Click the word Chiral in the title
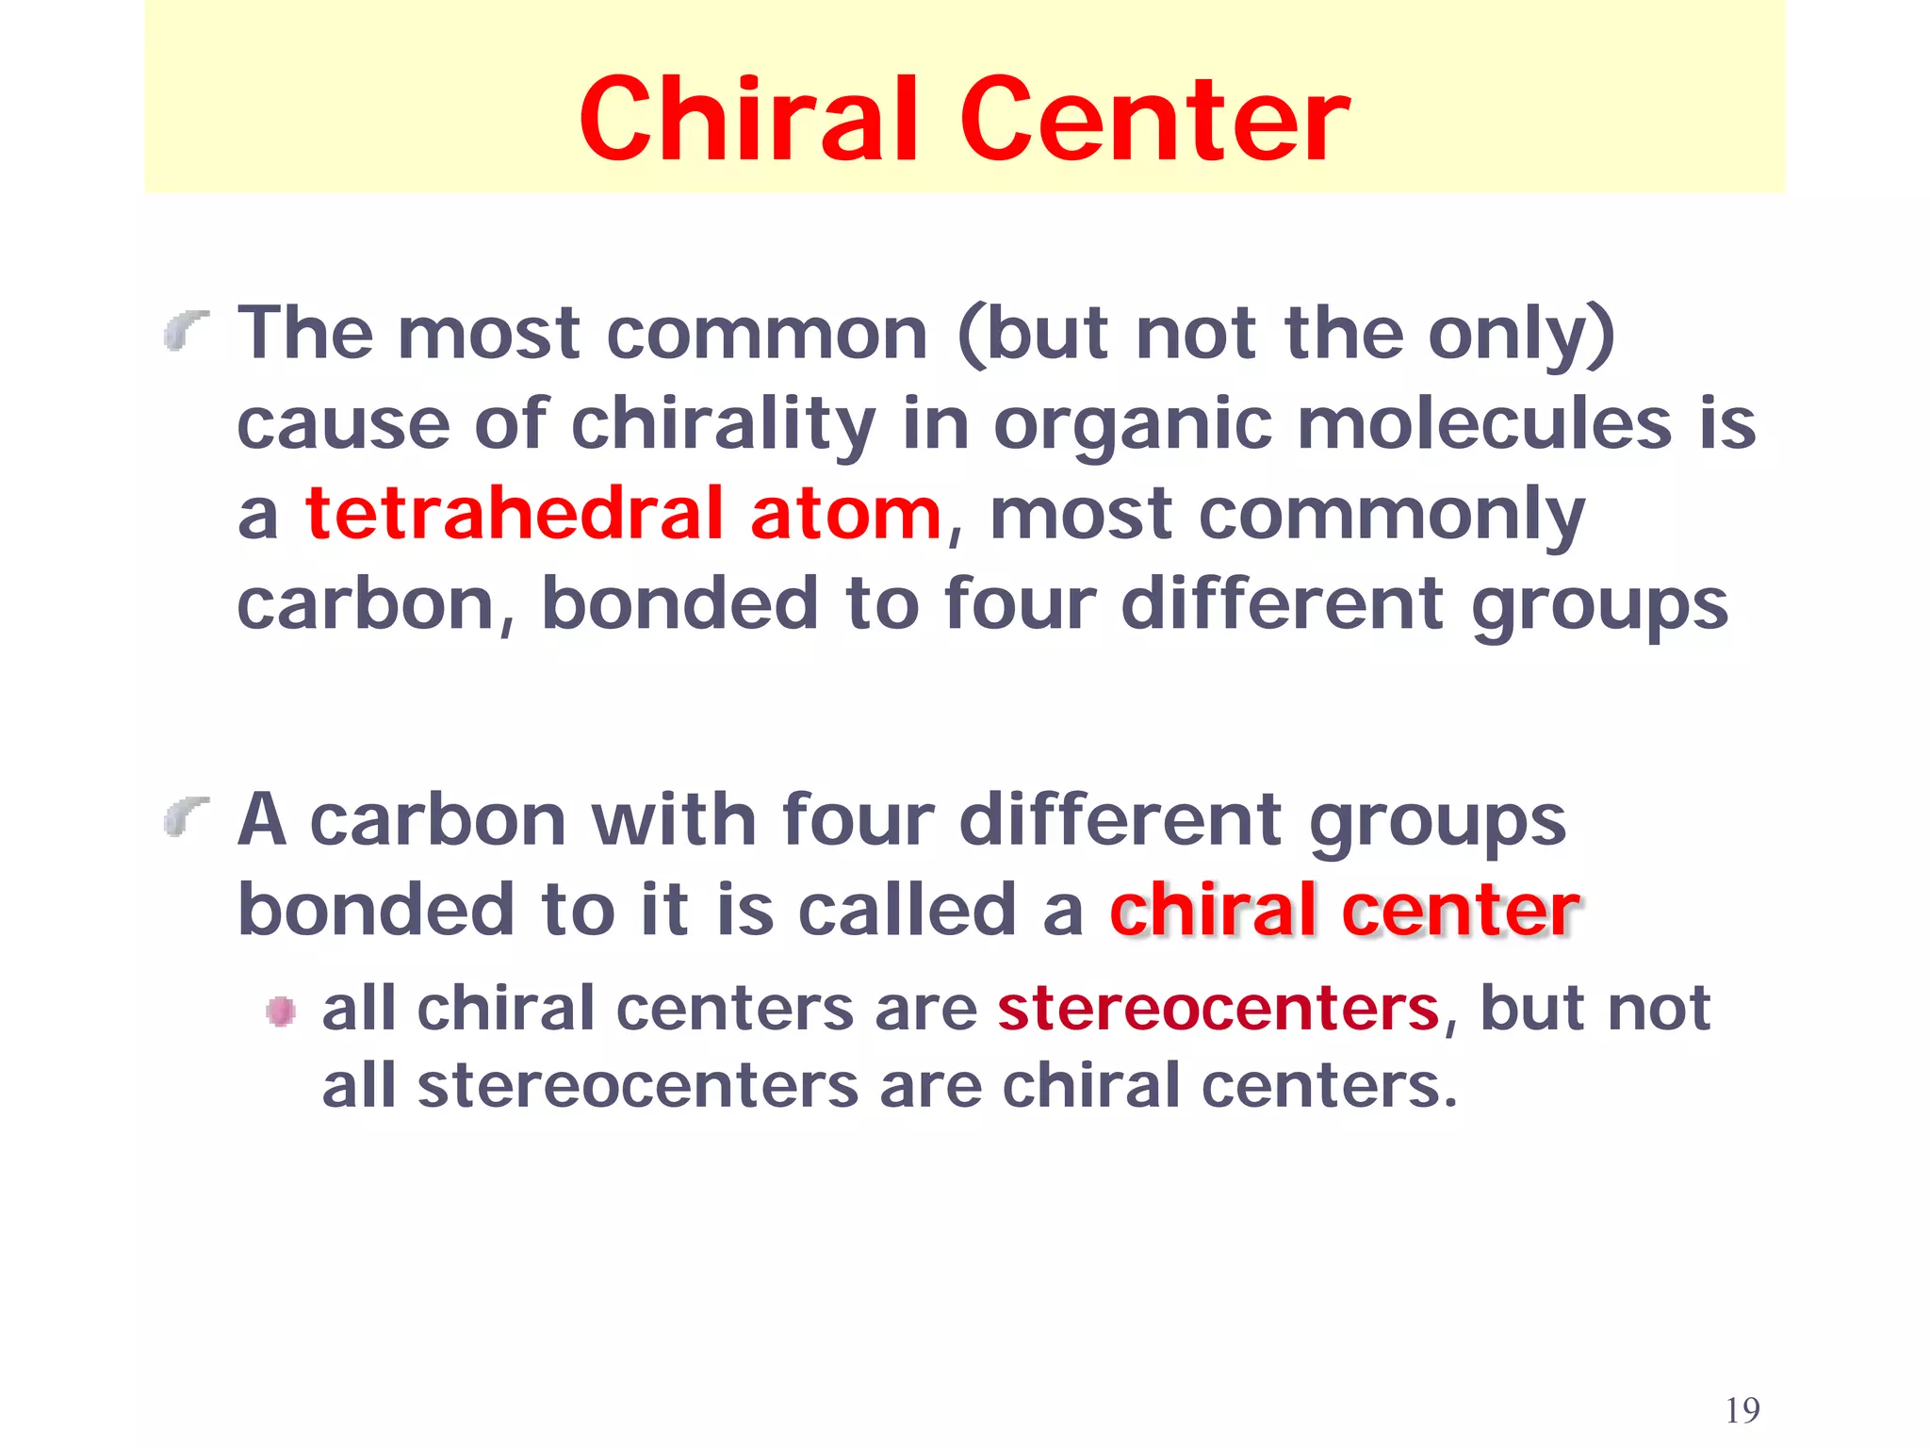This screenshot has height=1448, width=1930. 749,120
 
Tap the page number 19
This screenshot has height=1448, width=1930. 1742,1410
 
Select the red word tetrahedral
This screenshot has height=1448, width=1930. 515,514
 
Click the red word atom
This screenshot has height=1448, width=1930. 845,516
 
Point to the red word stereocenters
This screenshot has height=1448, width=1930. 1219,1009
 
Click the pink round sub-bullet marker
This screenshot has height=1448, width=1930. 280,1012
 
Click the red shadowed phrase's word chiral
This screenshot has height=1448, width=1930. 1213,910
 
